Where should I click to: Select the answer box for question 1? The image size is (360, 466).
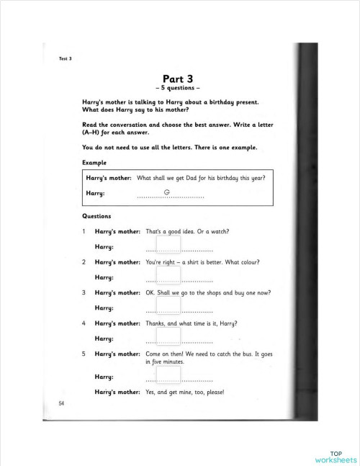click(x=168, y=244)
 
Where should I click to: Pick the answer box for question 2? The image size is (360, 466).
click(x=168, y=274)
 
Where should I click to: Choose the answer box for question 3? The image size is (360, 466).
click(x=168, y=305)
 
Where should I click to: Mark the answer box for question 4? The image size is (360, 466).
click(x=168, y=336)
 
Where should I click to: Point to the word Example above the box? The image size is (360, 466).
click(x=94, y=163)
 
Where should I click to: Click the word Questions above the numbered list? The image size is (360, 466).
click(x=96, y=216)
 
